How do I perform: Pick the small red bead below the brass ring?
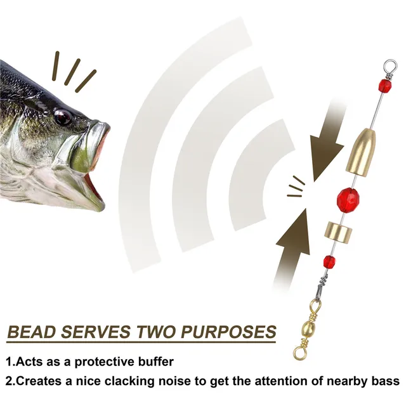[329, 260]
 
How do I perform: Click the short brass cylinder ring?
[336, 230]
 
